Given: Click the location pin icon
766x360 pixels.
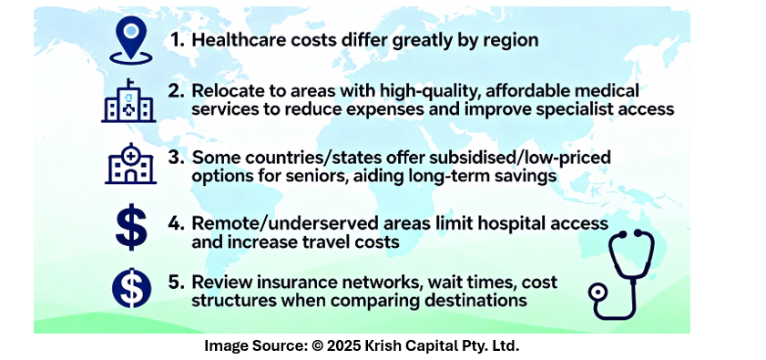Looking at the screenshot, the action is click(130, 40).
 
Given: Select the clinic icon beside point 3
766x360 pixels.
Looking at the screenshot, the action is click(130, 164).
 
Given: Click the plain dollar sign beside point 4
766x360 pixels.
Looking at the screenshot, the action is click(131, 227).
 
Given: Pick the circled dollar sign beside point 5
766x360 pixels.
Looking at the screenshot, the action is click(131, 289).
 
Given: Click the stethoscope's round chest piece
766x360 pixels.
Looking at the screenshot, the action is click(597, 293).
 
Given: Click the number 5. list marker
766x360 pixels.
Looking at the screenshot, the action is click(177, 283).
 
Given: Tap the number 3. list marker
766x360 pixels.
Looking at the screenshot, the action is click(177, 158).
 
